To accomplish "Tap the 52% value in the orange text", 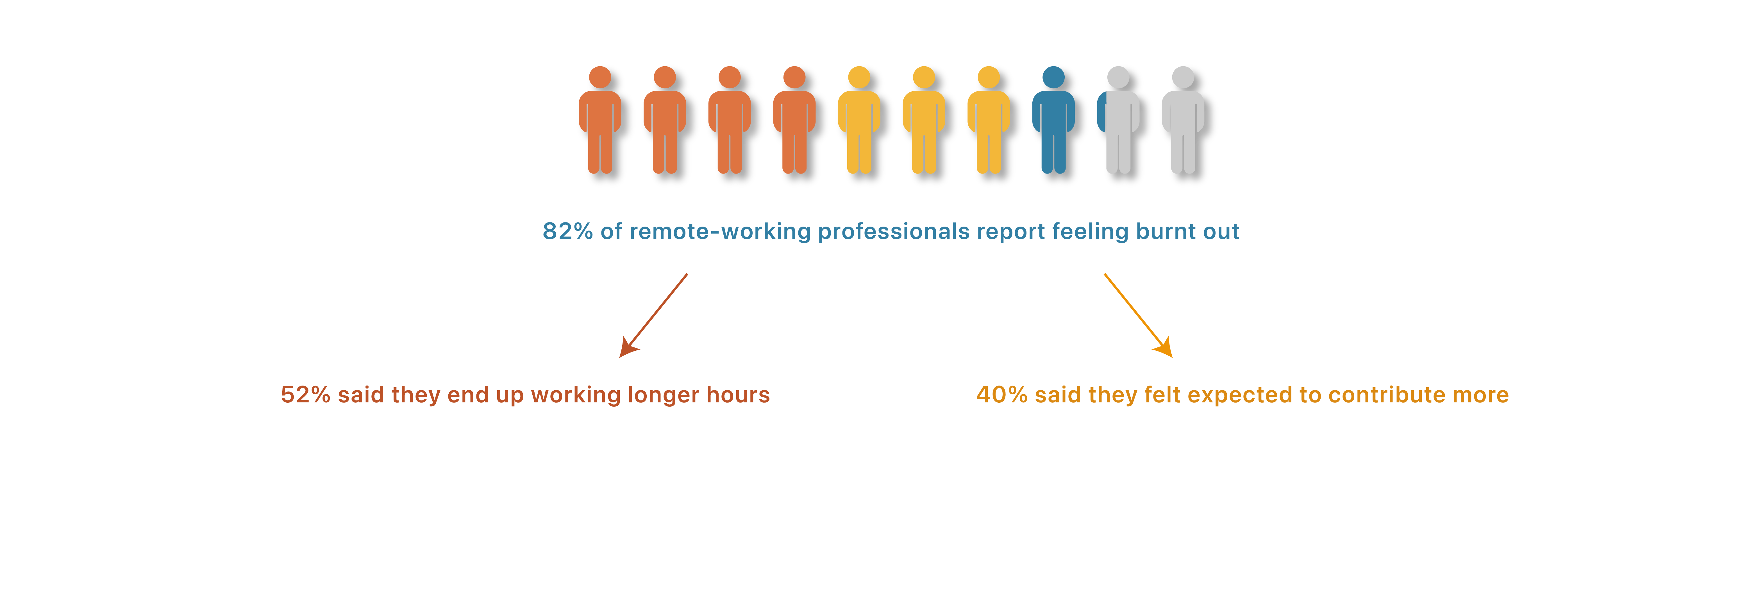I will [305, 395].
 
